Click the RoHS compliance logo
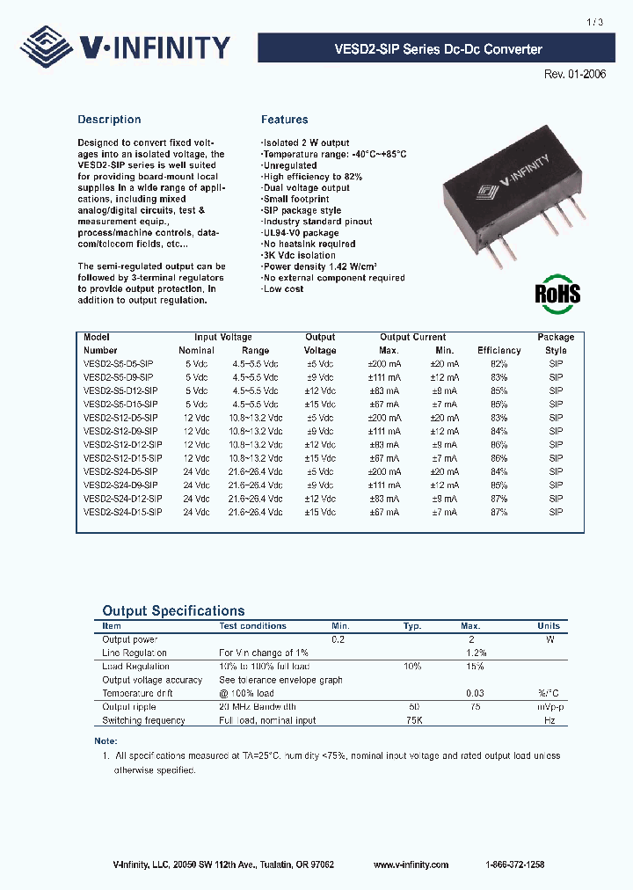[557, 294]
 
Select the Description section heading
[109, 120]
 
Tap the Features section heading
[284, 120]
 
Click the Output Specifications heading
[173, 610]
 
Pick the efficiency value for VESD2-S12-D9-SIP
[498, 431]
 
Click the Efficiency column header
[498, 350]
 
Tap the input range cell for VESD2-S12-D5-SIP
[256, 418]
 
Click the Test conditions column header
[252, 626]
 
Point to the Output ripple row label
[130, 707]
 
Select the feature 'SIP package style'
[302, 211]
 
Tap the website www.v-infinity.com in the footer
[411, 864]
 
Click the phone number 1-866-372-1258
[514, 864]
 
